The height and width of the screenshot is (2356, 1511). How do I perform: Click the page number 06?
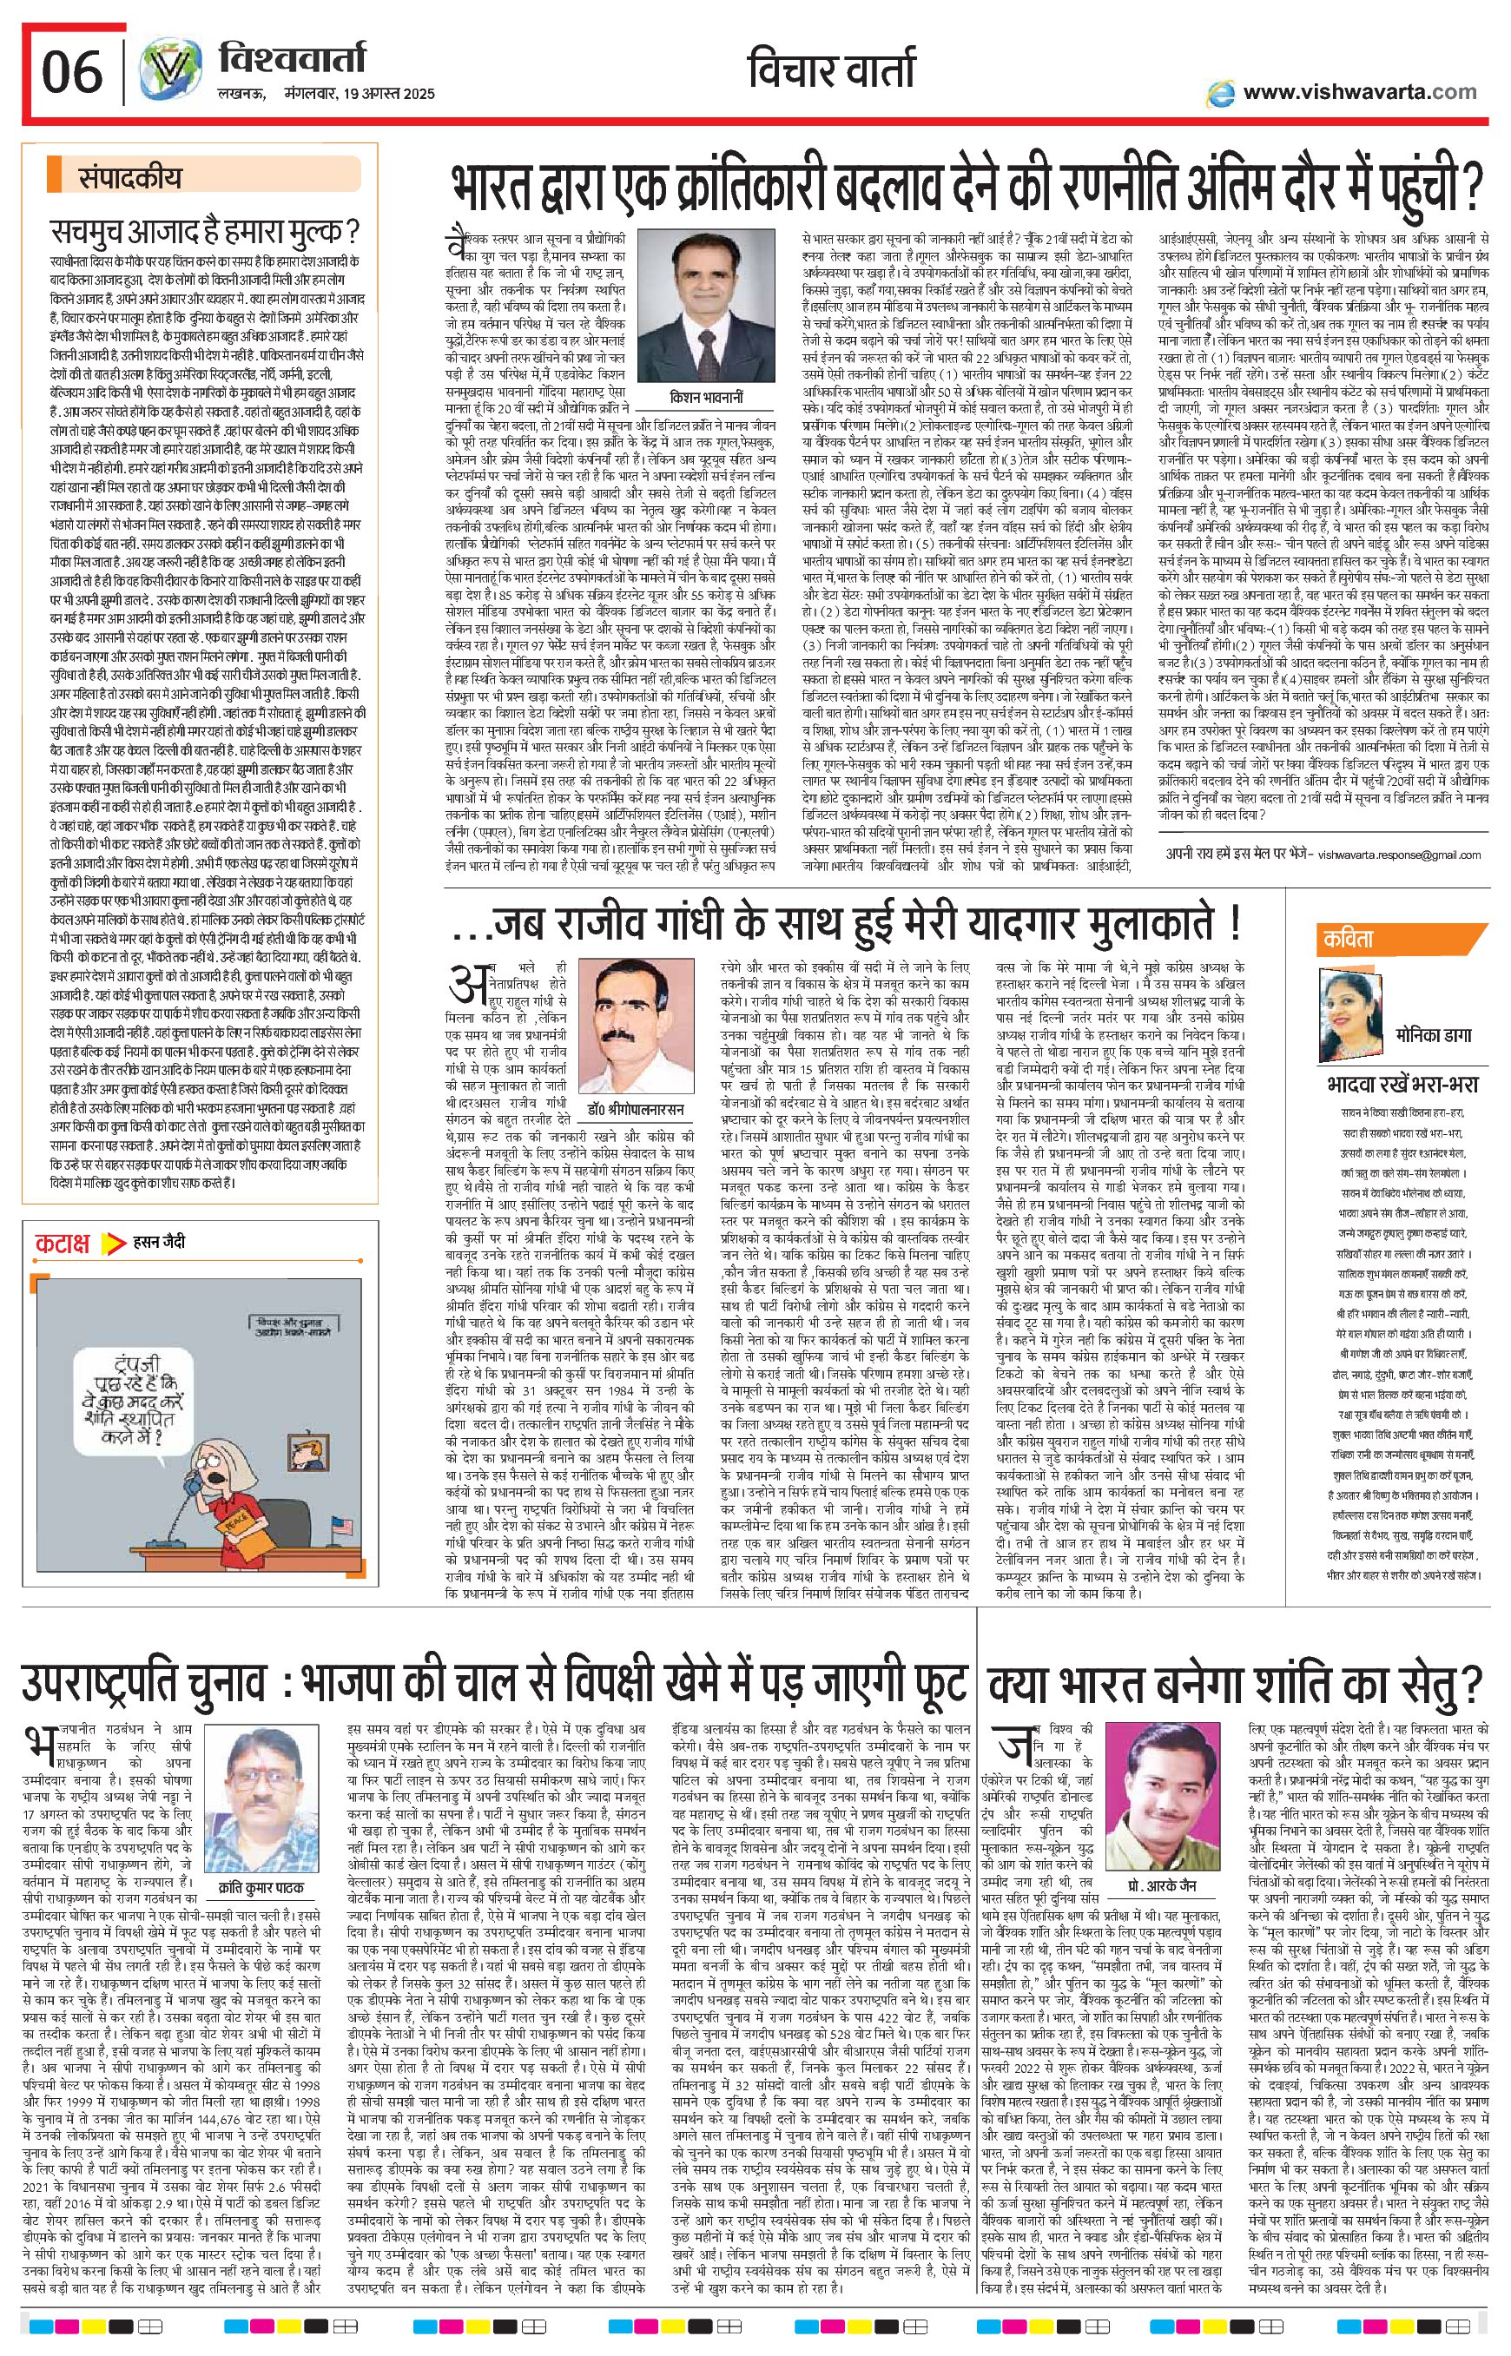tap(71, 71)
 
